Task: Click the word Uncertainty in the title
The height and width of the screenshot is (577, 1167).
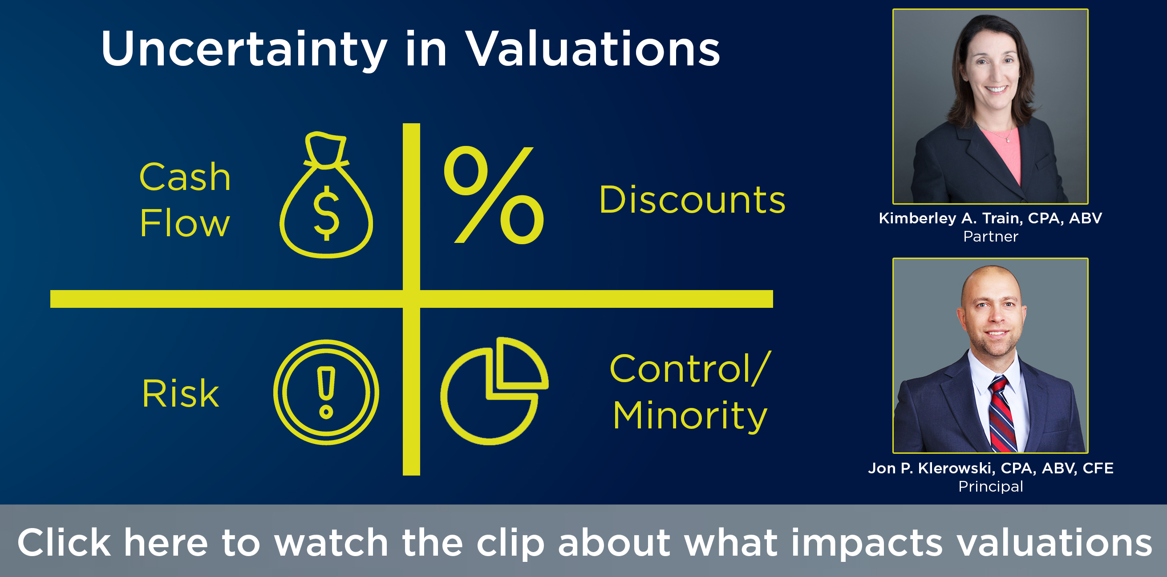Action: (x=244, y=49)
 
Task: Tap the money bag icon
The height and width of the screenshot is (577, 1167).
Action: (x=326, y=195)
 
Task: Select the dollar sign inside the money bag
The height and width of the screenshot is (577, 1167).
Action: (x=326, y=213)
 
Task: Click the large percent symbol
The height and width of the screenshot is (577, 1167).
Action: (x=494, y=195)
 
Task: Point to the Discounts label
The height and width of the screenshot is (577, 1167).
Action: (x=692, y=199)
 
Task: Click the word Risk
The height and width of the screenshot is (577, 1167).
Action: (x=180, y=393)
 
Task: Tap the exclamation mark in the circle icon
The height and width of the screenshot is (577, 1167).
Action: (x=326, y=392)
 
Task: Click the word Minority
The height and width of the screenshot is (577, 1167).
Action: (x=690, y=416)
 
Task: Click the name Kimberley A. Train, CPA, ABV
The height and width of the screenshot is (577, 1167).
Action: (x=990, y=218)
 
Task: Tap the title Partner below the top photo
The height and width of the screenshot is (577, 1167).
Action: (x=990, y=236)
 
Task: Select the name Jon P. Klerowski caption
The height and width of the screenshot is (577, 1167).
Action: (x=990, y=468)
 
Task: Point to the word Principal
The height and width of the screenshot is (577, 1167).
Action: (x=990, y=486)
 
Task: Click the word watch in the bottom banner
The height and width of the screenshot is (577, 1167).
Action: (x=331, y=542)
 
